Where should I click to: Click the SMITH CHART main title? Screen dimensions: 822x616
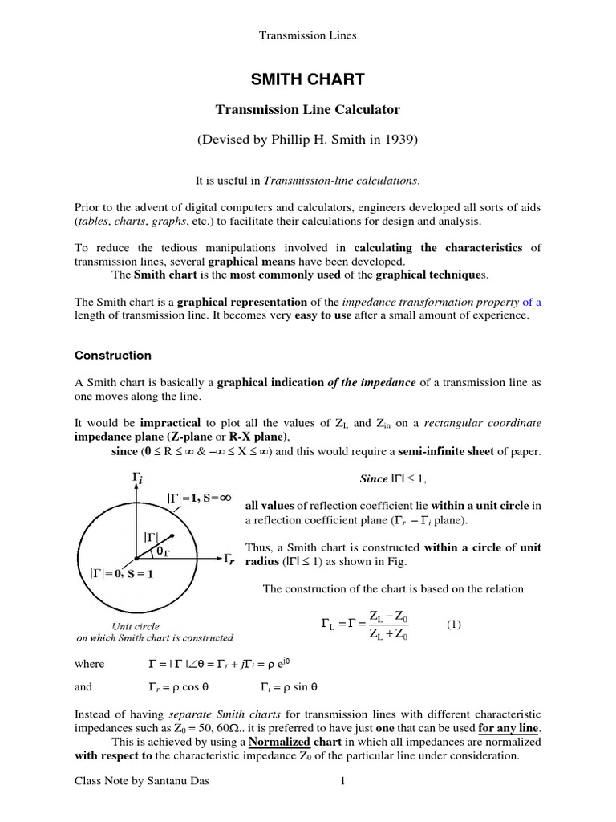pyautogui.click(x=308, y=79)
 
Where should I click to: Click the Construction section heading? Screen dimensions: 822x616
pyautogui.click(x=112, y=355)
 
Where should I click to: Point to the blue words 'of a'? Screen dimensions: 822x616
pyautogui.click(x=532, y=302)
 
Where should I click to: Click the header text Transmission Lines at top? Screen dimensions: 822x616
pyautogui.click(x=308, y=35)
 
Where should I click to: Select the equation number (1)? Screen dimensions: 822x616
pyautogui.click(x=454, y=624)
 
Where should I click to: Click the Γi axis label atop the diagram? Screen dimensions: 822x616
pyautogui.click(x=137, y=479)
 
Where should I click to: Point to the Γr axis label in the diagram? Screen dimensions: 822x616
pyautogui.click(x=229, y=558)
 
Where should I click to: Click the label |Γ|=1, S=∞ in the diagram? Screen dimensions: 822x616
pyautogui.click(x=199, y=498)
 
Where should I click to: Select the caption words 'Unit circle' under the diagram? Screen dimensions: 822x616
pyautogui.click(x=136, y=626)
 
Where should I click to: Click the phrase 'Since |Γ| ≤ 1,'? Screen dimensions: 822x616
pyautogui.click(x=393, y=479)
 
